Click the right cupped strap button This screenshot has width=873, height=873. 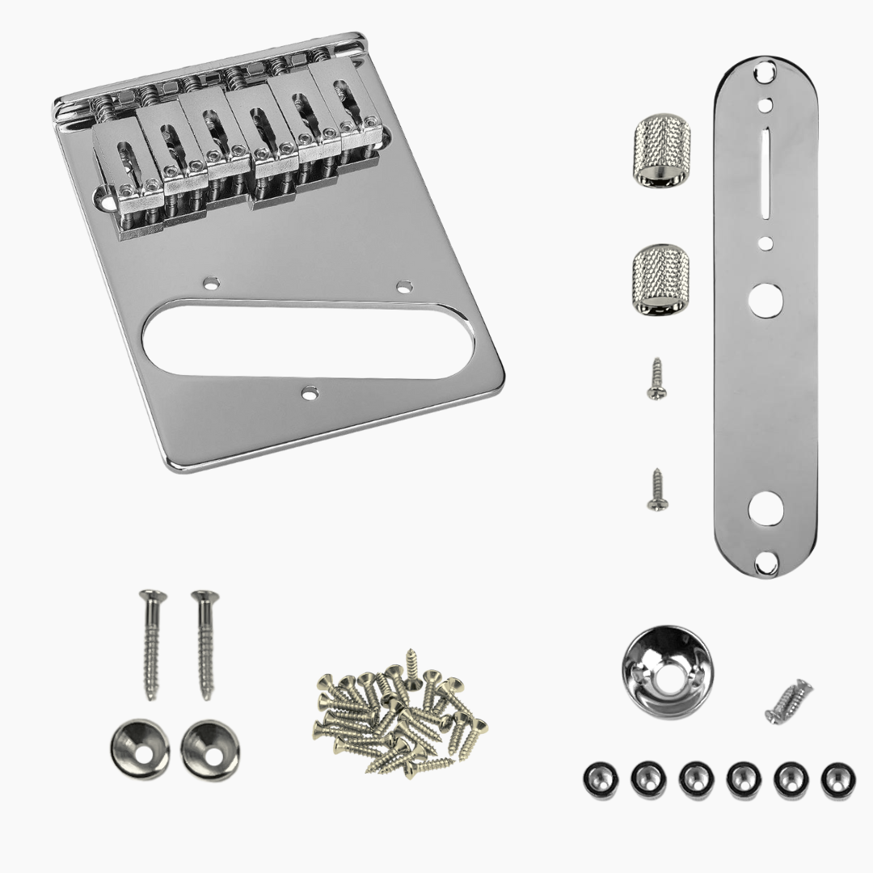206,745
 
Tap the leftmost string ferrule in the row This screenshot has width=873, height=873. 598,779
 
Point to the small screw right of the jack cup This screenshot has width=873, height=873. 788,701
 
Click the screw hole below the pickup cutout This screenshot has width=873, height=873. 309,394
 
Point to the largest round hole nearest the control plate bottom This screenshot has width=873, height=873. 763,508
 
